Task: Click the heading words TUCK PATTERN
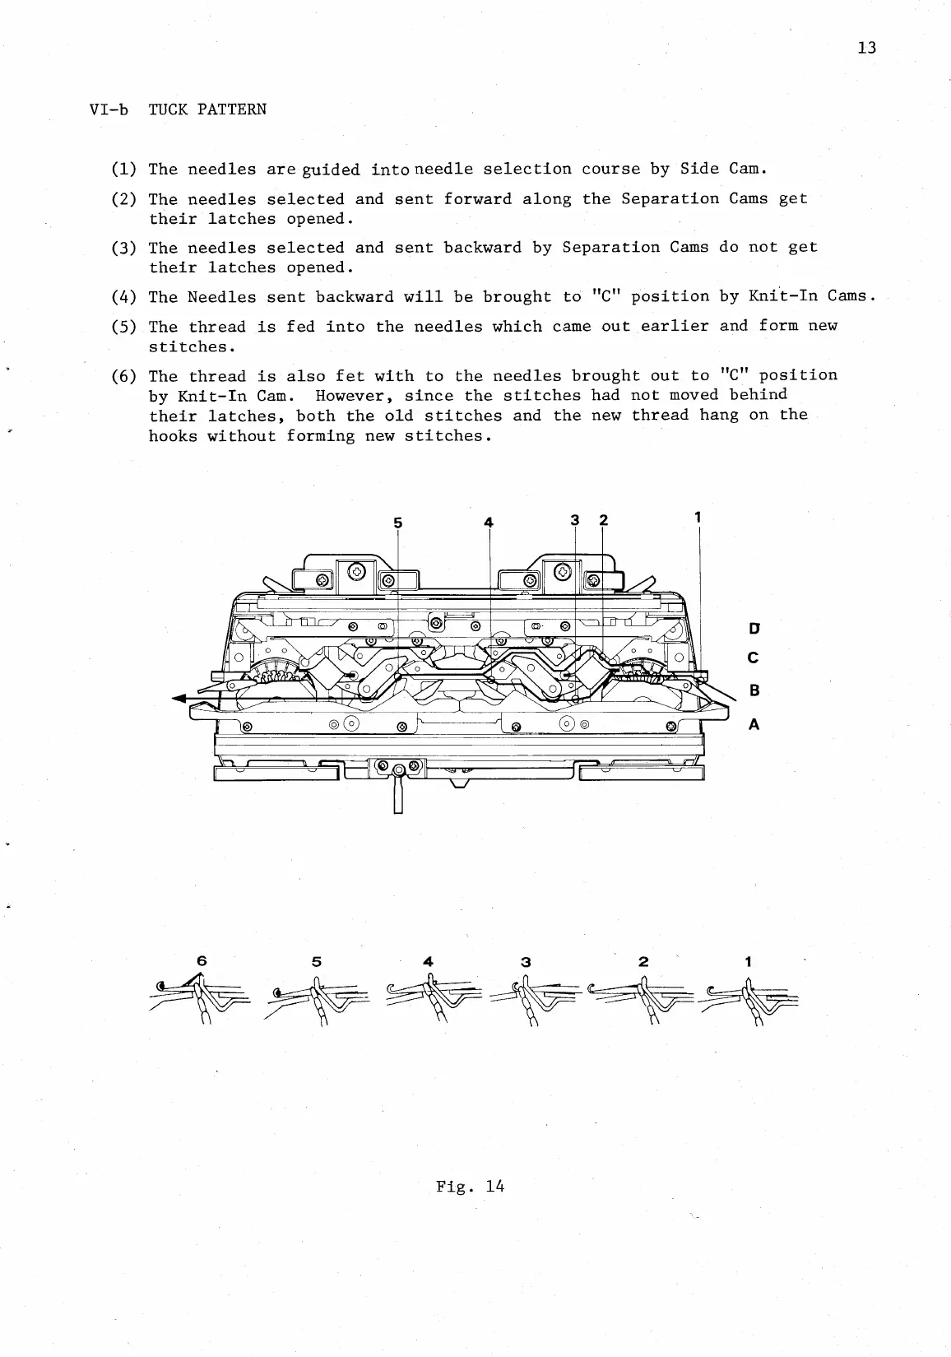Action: point(207,109)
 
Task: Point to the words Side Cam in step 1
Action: point(723,170)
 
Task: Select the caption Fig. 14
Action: point(471,1186)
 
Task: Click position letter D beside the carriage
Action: point(754,630)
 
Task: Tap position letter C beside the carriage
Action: point(754,659)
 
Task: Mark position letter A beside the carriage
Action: point(754,725)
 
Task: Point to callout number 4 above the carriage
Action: point(489,522)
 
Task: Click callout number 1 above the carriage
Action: point(698,518)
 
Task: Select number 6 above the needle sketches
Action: point(202,961)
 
